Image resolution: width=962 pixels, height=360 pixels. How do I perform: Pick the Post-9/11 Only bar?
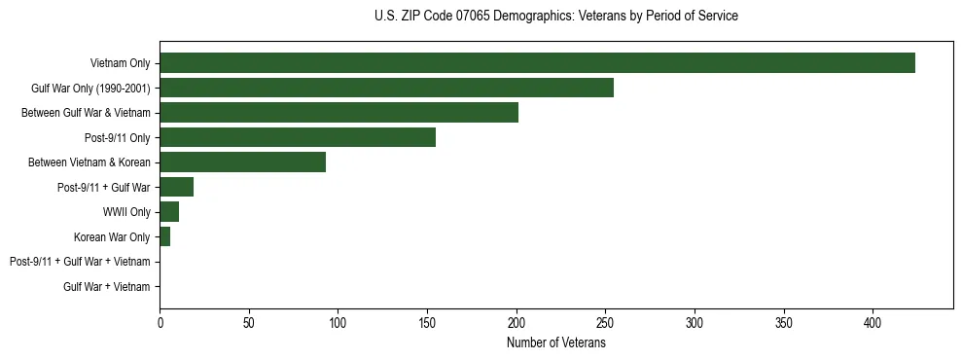pos(298,137)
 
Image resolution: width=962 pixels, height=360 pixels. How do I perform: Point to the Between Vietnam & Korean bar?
pos(242,162)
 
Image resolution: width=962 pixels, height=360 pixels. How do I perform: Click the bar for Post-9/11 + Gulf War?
pos(176,187)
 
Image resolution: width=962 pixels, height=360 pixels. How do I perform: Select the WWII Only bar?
pos(169,212)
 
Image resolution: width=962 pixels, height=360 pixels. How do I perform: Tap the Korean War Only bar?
pos(164,236)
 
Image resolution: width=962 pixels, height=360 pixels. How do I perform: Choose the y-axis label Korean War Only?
pos(112,236)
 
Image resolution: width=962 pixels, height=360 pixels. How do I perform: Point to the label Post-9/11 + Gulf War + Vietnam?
pos(80,262)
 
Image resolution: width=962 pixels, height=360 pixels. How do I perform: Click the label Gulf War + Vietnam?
pos(107,287)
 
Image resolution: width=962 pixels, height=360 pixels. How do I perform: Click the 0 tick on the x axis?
pos(160,322)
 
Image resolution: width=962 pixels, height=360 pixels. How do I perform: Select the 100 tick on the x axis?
pos(338,322)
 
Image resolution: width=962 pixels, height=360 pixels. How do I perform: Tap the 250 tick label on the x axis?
pos(605,322)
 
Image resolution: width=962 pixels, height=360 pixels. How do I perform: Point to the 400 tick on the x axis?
pos(873,322)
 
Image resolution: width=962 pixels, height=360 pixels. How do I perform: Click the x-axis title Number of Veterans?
pos(555,342)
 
